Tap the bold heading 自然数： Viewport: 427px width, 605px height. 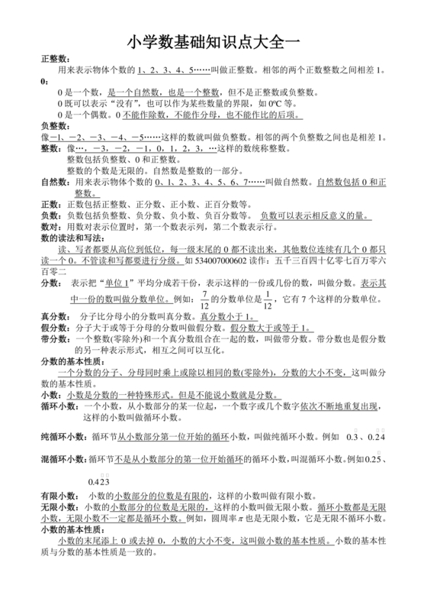56,183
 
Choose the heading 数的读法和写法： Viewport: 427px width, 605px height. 72,238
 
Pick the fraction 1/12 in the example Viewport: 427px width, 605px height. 268,299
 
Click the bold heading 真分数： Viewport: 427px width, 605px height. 56,317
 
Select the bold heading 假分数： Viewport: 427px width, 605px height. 56,328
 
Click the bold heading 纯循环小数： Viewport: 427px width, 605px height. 65,435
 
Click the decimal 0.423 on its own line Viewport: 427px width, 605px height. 100,481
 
